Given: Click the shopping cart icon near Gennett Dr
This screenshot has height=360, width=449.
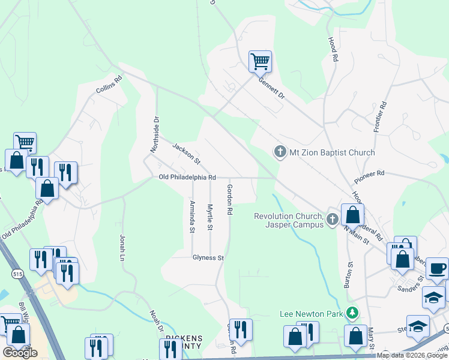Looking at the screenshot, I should point(260,61).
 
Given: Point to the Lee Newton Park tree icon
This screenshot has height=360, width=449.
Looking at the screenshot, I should point(354,313).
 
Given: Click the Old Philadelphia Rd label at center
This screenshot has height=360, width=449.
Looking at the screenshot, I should point(187,177).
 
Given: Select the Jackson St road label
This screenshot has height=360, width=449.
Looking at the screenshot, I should point(186,154).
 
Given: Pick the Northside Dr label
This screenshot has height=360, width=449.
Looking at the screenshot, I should point(155,134).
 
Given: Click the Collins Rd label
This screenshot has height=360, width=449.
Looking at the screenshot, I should point(109,85).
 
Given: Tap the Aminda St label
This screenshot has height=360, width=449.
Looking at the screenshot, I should point(192,217).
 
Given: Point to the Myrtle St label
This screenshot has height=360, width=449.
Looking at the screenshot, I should point(210,217).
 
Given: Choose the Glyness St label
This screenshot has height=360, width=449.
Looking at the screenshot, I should point(208,257).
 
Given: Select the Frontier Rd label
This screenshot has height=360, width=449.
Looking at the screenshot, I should point(379,116).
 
